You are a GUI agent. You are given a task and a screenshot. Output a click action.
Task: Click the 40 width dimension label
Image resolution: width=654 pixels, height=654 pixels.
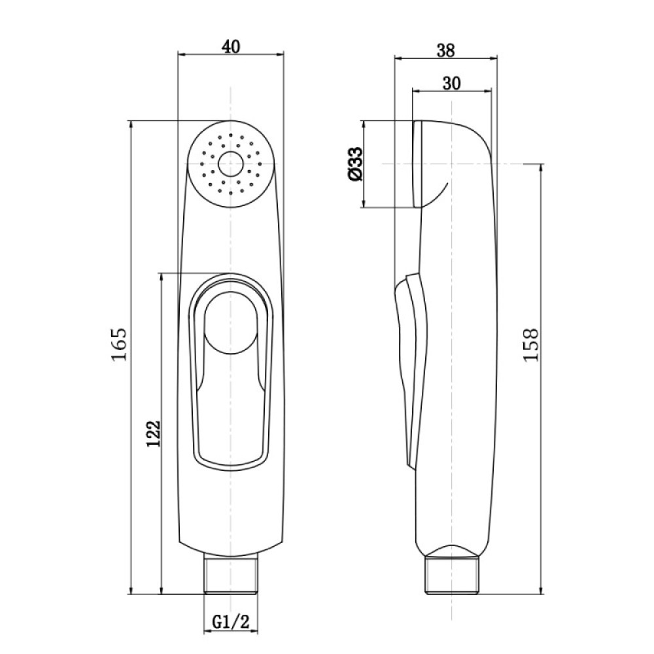coord(231,46)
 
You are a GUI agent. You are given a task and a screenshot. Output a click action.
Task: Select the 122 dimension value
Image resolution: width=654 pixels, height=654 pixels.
coord(153,434)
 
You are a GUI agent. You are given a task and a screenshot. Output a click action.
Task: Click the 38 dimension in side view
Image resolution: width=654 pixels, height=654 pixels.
coord(446,50)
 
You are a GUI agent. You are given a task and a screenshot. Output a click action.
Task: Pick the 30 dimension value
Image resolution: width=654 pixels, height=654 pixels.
coord(451,84)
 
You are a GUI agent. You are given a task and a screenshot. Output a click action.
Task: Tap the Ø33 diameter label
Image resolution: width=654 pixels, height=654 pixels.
coord(354,163)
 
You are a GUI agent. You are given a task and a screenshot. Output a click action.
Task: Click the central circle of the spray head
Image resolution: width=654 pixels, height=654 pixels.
coord(230,163)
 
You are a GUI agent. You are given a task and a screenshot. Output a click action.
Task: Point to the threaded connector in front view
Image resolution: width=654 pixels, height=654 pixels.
coord(231,574)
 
